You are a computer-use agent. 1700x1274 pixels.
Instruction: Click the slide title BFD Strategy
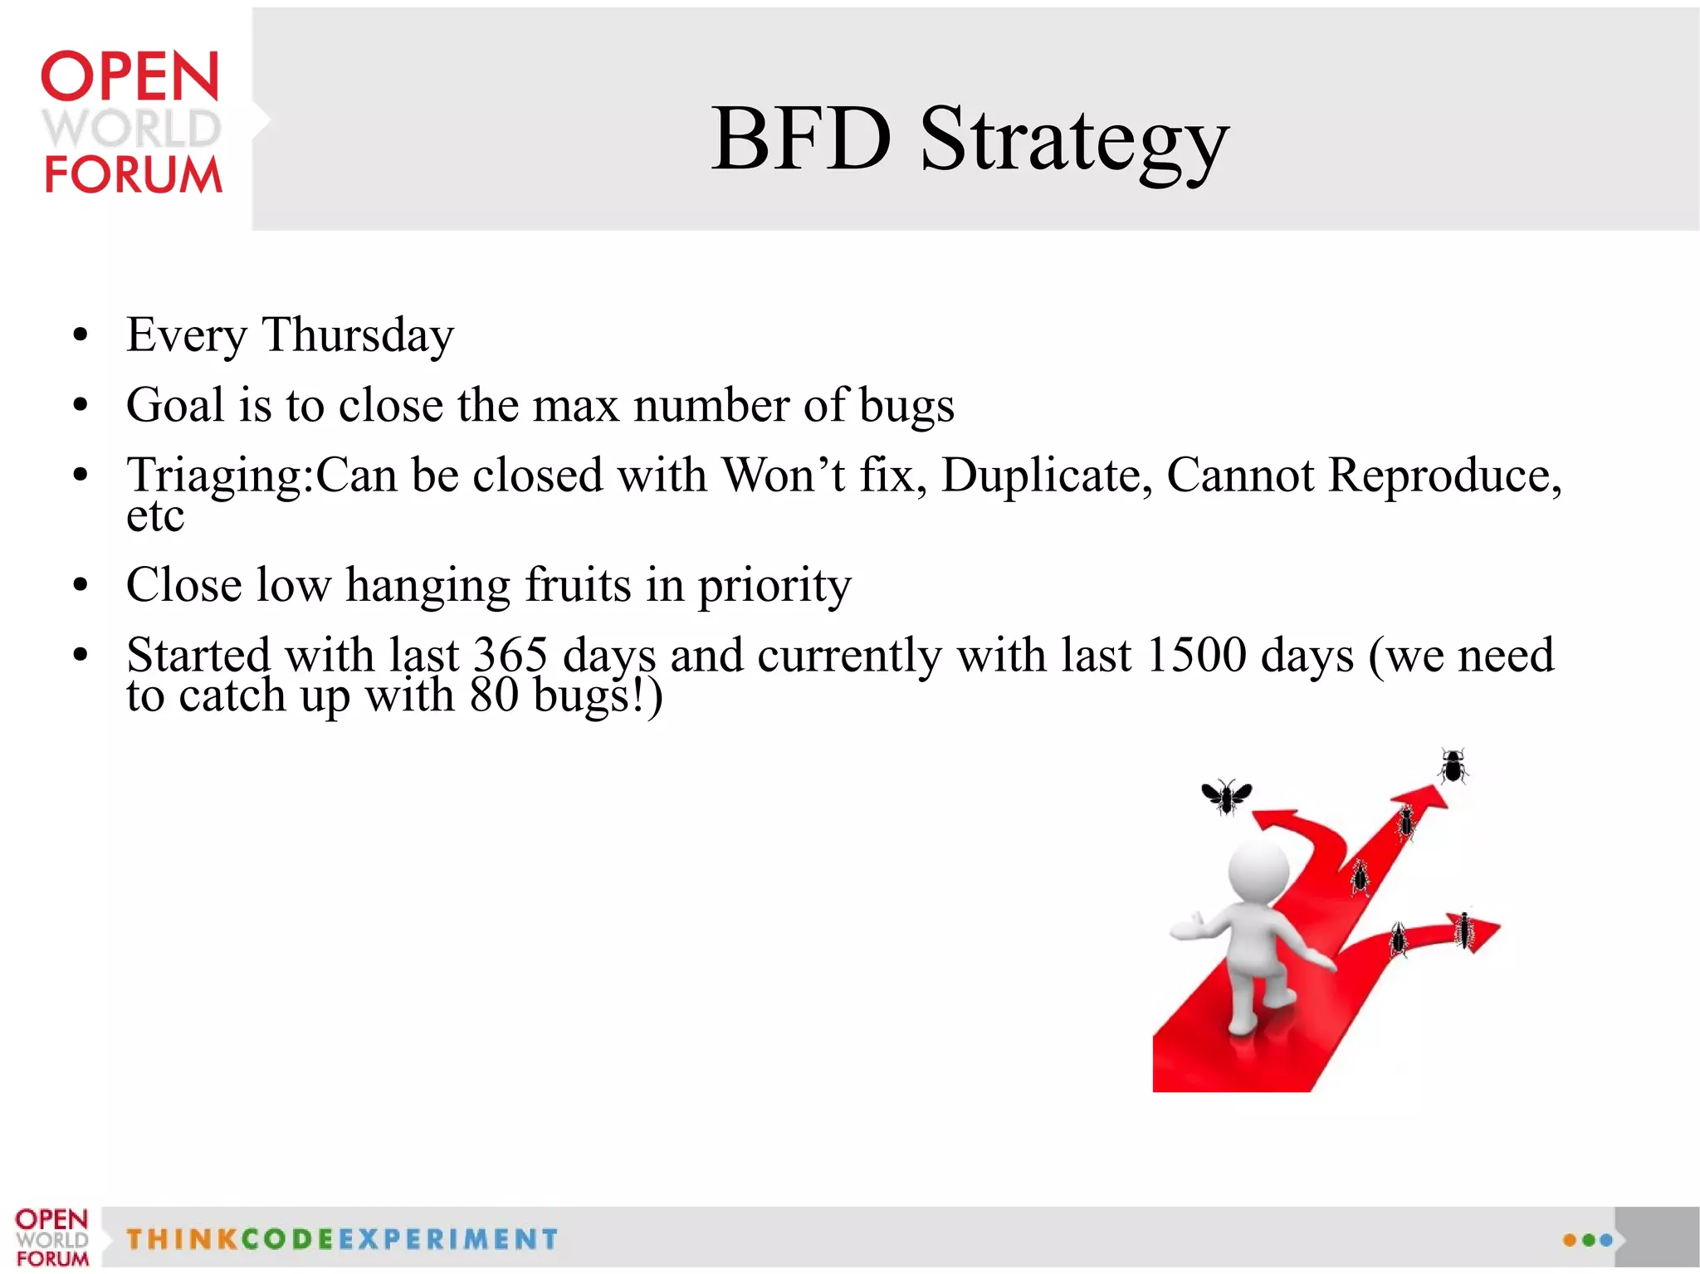pos(969,139)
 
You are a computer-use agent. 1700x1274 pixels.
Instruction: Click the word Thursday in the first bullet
pos(358,335)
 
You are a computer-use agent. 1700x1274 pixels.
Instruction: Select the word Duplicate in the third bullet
pos(1046,476)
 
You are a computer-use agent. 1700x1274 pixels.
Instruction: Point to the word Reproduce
pos(1440,476)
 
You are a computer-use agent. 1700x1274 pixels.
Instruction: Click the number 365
pos(510,655)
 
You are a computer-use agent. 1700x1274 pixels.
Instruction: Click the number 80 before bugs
pos(494,696)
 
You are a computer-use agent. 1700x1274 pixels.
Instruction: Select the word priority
pos(774,586)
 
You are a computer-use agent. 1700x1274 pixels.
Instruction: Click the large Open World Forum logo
pos(131,123)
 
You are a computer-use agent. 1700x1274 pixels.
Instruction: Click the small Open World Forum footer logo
pos(51,1237)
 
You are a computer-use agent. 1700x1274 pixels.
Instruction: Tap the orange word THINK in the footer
pos(182,1239)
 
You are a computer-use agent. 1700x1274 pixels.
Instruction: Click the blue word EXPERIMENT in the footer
pos(448,1239)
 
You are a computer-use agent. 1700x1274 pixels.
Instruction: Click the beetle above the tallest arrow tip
pos(1453,766)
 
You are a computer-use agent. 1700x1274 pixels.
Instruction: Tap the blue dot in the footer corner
pos(1606,1240)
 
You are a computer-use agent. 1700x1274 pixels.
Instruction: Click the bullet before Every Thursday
pos(80,336)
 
